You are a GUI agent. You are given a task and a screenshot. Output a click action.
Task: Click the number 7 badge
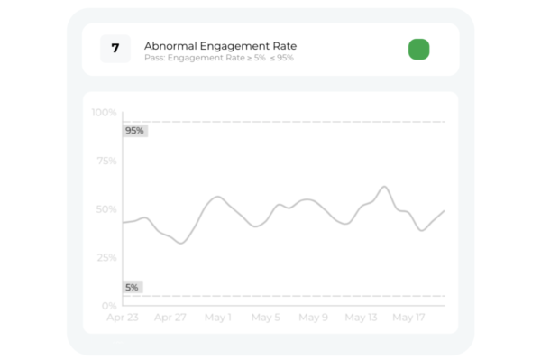pos(115,49)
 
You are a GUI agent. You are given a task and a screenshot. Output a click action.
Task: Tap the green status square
pos(418,50)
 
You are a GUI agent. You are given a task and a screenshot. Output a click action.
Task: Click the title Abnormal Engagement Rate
pos(220,45)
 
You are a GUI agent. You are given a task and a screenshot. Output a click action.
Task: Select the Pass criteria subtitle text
pos(218,58)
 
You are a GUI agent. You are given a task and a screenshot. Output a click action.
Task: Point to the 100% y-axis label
pos(105,113)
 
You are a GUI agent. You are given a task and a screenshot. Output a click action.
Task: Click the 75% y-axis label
pos(106,162)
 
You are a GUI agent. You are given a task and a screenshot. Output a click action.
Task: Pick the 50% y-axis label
pos(106,209)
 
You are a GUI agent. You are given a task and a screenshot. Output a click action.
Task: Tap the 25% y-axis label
pos(106,258)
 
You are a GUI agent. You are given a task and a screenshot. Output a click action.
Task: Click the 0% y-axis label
pos(109,306)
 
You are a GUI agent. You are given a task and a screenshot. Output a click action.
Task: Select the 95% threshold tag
pos(134,131)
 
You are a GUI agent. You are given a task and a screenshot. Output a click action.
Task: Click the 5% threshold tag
pos(132,287)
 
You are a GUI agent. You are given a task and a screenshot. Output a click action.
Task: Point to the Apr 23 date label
pos(122,318)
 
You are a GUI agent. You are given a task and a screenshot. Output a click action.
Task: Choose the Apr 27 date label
pos(170,318)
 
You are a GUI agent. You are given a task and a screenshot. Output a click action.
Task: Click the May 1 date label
pos(217,318)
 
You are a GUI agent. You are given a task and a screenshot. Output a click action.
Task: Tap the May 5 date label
pos(266,318)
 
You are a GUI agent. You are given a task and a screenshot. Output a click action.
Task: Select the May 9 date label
pos(314,318)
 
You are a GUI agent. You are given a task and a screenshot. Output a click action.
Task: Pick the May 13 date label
pos(361,318)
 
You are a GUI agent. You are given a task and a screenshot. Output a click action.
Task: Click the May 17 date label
pos(408,318)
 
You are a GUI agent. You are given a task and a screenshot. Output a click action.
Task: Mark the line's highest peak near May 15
pos(384,187)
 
